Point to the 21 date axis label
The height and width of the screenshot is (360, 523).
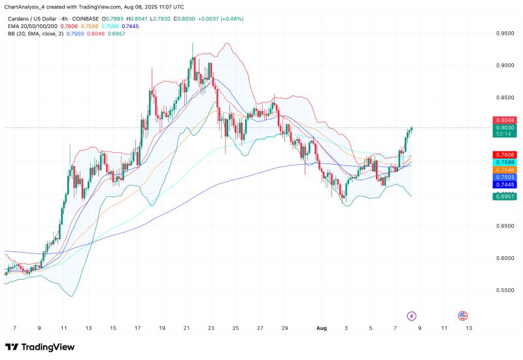(187, 327)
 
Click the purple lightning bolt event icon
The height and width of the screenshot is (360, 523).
(412, 316)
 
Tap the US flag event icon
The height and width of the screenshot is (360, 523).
(463, 316)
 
